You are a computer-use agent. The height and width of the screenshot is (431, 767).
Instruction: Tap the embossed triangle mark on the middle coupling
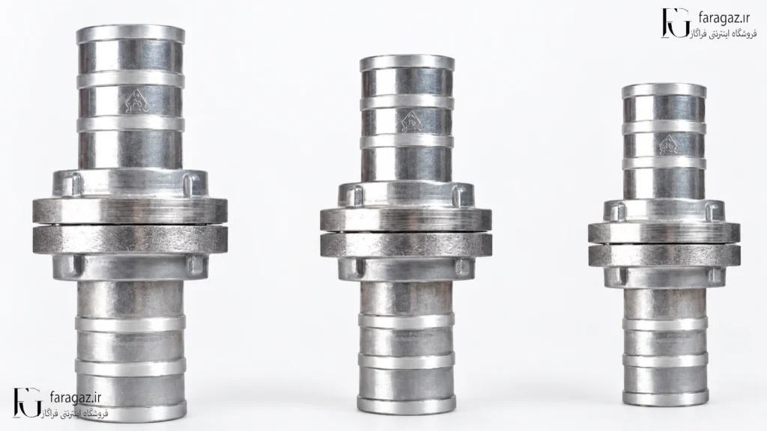(411, 120)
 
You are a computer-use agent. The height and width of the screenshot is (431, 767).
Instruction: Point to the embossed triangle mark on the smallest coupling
(667, 144)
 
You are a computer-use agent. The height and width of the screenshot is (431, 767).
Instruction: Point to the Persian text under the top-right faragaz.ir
(725, 34)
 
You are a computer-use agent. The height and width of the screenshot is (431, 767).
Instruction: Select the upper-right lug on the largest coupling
(190, 186)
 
